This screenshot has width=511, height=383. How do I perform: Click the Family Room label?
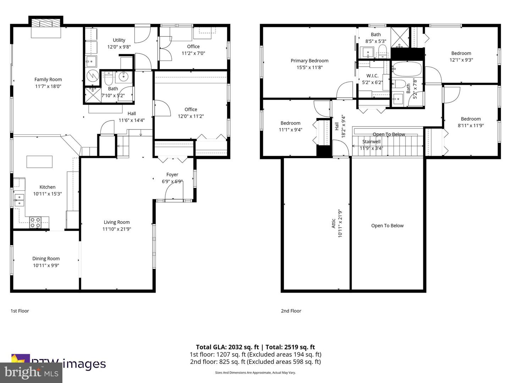coord(48,79)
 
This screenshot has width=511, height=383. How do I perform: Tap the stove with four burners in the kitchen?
coord(35,222)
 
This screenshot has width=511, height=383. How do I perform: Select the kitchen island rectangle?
coord(39,162)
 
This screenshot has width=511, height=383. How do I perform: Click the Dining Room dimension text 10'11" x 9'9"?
coord(46,266)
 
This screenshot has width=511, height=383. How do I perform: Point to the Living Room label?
coord(116,222)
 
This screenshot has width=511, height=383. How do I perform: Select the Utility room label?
coord(119,40)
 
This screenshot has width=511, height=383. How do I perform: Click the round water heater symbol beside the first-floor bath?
coord(93,76)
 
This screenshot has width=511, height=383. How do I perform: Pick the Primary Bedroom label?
coord(309,61)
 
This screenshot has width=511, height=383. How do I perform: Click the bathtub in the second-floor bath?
coord(407,69)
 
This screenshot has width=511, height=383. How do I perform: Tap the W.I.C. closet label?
coord(372,76)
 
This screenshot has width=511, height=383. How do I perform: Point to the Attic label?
coord(334,223)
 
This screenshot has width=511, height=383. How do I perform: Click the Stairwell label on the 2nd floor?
coord(371,141)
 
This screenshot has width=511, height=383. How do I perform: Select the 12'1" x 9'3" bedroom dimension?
coord(461,60)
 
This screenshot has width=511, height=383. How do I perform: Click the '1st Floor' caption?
coord(20,311)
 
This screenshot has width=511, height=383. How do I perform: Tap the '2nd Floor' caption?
coord(291,311)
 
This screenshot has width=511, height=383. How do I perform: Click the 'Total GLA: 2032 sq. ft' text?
coord(227,347)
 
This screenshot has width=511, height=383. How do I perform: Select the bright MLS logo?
coord(31,372)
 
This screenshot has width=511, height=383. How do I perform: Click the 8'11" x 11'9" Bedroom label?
coord(471,119)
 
